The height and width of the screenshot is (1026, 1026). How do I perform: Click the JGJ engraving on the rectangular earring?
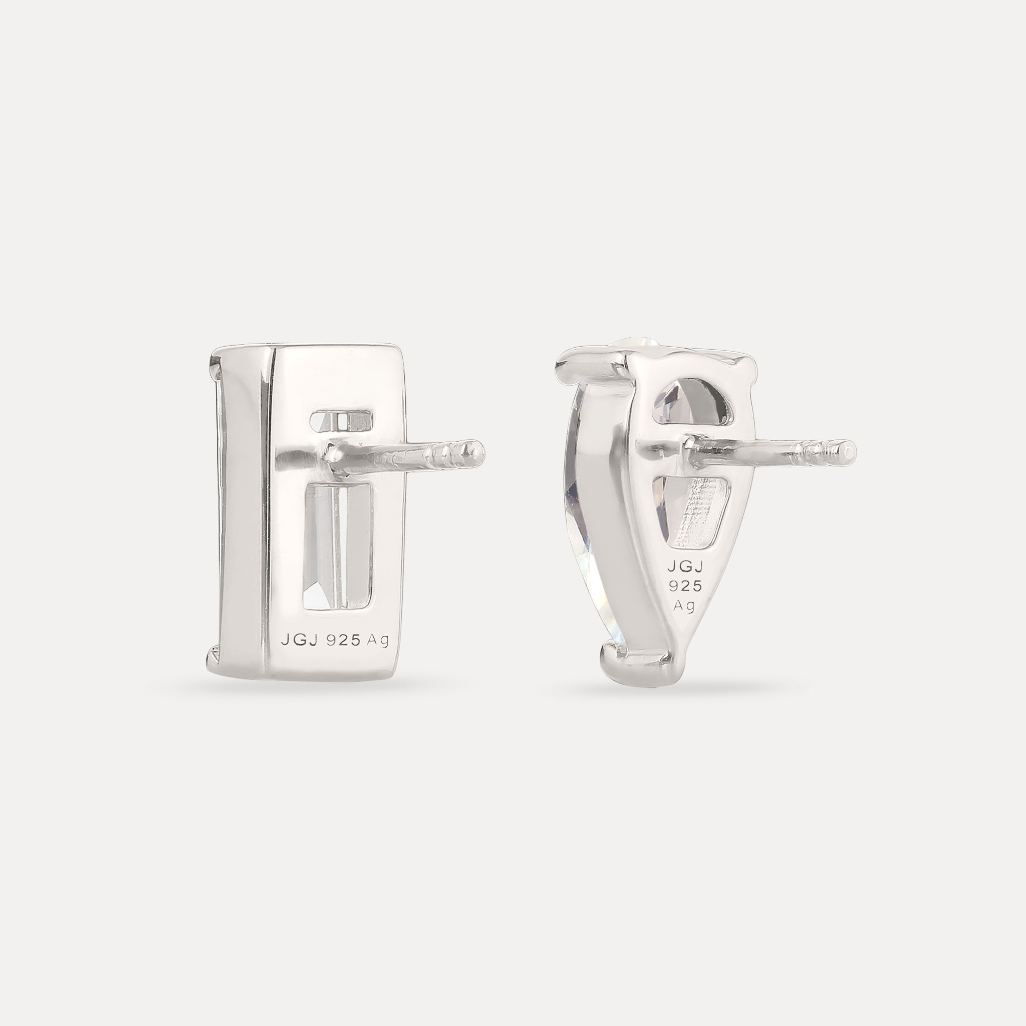(299, 641)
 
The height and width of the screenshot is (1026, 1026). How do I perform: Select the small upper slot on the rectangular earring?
(342, 421)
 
